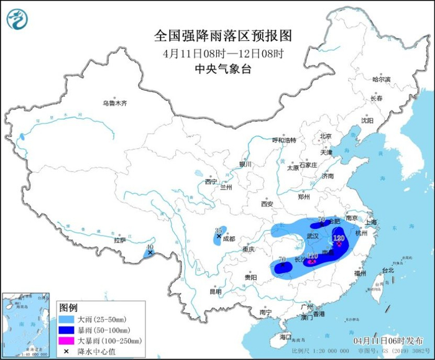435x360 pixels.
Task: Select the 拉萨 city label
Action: click(119, 239)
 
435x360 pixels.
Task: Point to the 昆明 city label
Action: click(215, 291)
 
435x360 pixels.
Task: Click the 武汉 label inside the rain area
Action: click(314, 237)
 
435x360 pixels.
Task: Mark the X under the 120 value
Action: click(339, 244)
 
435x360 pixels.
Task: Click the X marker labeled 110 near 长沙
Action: click(312, 262)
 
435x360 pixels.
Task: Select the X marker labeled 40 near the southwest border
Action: click(150, 253)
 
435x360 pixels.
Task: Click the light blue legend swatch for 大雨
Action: click(68, 319)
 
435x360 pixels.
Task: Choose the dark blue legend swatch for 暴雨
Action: click(68, 330)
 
